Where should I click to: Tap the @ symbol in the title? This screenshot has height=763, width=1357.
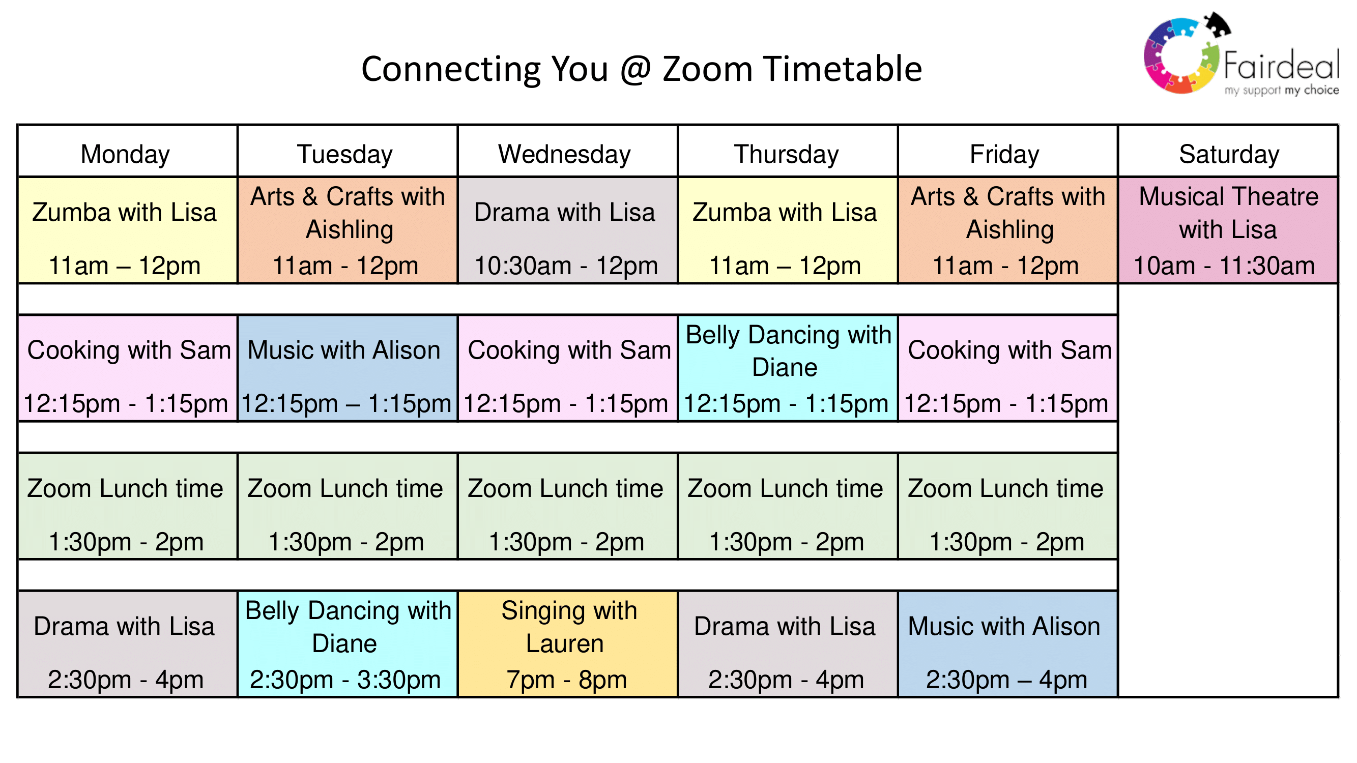636,70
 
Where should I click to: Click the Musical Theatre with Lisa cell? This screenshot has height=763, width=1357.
1228,230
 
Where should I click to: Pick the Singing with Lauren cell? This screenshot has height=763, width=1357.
567,644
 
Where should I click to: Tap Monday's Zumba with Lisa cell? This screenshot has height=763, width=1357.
128,230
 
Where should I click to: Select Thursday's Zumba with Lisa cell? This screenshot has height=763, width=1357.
788,230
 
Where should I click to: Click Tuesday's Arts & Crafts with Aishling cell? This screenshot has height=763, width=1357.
348,230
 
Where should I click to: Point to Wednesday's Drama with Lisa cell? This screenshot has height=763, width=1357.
567,230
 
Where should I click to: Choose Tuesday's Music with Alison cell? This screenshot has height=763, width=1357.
348,368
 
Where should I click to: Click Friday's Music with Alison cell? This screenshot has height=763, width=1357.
1008,644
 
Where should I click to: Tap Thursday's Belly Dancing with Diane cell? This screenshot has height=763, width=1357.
788,368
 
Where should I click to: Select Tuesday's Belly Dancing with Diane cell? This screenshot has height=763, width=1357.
348,644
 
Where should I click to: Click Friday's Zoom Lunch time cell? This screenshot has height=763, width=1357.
1008,506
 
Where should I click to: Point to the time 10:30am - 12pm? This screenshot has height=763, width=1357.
566,266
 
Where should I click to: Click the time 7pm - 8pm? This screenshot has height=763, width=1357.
566,680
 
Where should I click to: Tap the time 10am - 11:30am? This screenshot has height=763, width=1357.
1224,266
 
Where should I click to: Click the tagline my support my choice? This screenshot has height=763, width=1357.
1282,90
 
